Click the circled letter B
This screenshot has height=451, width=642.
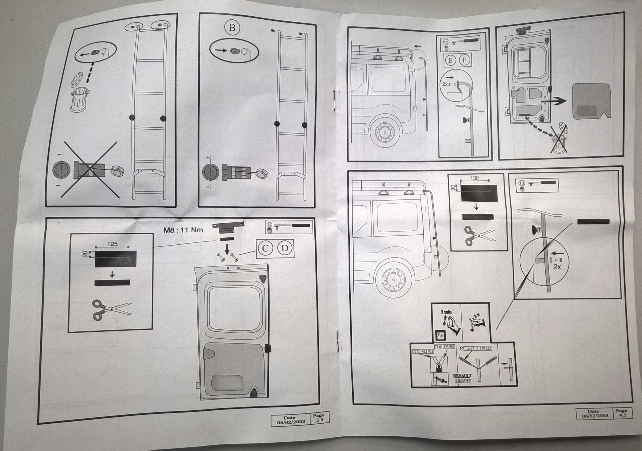click(x=232, y=27)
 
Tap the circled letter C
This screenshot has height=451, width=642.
click(x=265, y=248)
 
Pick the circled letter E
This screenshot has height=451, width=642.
click(x=450, y=60)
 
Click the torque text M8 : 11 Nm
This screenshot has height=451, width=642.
click(x=183, y=230)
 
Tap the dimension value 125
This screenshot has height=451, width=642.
click(x=112, y=244)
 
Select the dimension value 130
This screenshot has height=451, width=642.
click(x=474, y=178)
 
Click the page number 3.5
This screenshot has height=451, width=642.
click(x=319, y=420)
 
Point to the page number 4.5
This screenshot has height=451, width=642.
click(x=623, y=415)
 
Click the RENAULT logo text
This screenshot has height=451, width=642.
click(x=462, y=376)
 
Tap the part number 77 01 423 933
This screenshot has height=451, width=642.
click(x=423, y=351)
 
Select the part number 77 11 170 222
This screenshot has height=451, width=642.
click(x=481, y=348)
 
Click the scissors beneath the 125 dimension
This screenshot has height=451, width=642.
click(x=112, y=310)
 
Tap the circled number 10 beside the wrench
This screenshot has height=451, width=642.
click(x=269, y=225)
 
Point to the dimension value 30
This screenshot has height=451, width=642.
click(x=453, y=187)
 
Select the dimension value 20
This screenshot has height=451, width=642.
click(x=85, y=254)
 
